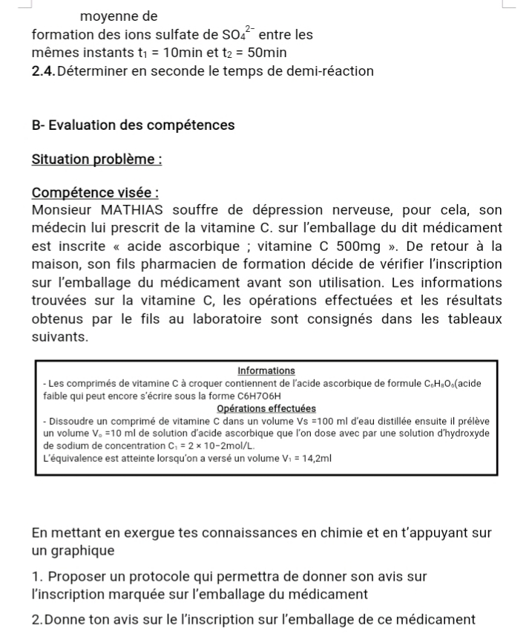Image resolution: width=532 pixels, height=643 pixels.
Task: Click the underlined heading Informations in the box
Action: tap(266, 371)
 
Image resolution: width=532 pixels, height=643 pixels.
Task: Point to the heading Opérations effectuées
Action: tap(266, 408)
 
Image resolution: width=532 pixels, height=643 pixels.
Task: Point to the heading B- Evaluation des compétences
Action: tap(134, 125)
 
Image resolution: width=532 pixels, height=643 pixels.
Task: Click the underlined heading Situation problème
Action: tap(96, 160)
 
